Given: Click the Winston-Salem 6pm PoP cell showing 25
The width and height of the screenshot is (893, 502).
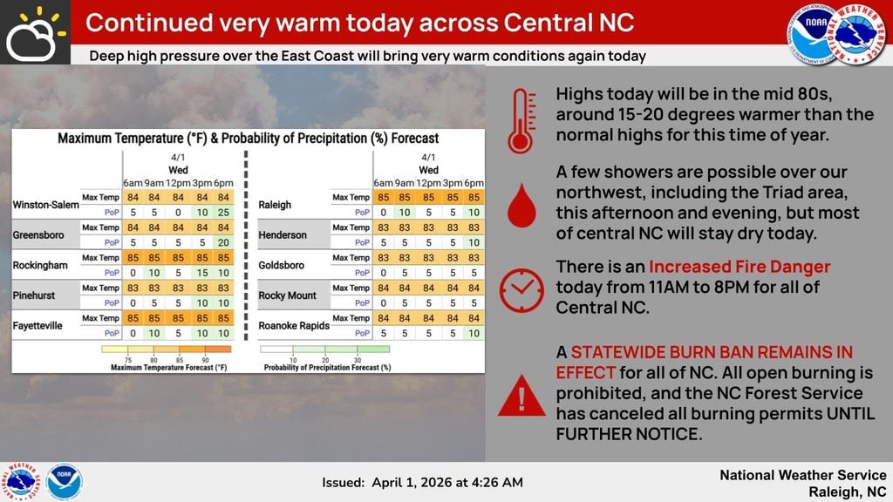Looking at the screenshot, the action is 223,213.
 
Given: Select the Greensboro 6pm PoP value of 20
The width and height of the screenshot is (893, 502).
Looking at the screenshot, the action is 223,242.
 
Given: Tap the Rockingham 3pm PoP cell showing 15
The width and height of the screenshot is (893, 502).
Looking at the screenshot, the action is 202,273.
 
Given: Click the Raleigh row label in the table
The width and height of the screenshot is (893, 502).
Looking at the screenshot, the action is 275,205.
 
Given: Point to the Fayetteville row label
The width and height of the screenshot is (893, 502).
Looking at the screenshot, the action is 37,326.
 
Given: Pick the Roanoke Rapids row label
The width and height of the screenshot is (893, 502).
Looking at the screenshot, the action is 294,326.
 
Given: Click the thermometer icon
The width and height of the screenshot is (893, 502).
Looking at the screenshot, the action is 521,120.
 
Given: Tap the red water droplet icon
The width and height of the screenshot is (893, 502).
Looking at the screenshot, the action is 521,206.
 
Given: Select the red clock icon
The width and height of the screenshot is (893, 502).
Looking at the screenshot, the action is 521,290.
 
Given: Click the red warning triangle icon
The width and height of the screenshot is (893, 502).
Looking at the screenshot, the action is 521,396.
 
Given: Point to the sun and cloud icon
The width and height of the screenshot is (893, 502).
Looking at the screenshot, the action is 34,33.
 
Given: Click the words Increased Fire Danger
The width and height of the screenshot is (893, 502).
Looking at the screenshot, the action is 740,267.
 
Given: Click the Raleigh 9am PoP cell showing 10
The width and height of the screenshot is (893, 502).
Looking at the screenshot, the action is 405,213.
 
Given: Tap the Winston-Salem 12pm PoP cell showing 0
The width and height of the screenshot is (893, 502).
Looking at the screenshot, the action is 178,213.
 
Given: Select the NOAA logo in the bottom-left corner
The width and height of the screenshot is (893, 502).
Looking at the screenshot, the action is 64,482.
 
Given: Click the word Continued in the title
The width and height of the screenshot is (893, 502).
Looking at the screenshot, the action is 150,23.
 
